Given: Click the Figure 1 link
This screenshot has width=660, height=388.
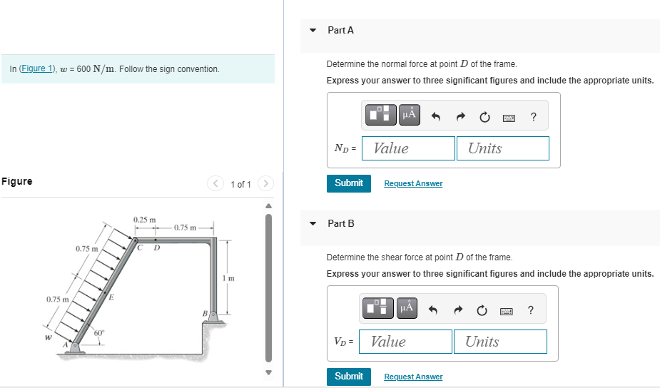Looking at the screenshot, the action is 37,68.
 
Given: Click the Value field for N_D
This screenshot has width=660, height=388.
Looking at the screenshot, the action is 408,148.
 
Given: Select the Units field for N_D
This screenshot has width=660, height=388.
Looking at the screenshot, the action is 503,148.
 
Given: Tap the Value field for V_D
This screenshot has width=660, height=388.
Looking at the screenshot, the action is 406,342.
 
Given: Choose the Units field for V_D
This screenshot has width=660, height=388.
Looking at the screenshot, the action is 500,342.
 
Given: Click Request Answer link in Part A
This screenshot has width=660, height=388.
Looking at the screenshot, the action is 413,183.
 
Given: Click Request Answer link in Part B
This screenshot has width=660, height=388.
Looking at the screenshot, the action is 413,377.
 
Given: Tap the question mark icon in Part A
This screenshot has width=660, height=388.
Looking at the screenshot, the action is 534,116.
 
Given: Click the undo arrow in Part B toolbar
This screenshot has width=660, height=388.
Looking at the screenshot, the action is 433,310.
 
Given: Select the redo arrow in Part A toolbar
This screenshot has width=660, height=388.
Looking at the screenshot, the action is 461,116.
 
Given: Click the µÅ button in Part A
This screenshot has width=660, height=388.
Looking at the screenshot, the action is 409,115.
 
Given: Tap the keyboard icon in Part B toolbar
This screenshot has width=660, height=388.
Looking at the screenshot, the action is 507,312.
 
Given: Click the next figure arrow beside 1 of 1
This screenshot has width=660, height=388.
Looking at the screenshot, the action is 265,183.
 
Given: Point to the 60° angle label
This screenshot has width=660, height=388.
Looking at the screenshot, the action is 99,333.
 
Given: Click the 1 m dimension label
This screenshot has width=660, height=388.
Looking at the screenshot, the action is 228,278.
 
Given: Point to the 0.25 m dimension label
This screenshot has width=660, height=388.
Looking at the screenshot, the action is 144,220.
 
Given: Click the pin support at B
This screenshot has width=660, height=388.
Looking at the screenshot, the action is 214,317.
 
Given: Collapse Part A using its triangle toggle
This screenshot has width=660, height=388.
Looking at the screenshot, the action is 313,30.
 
